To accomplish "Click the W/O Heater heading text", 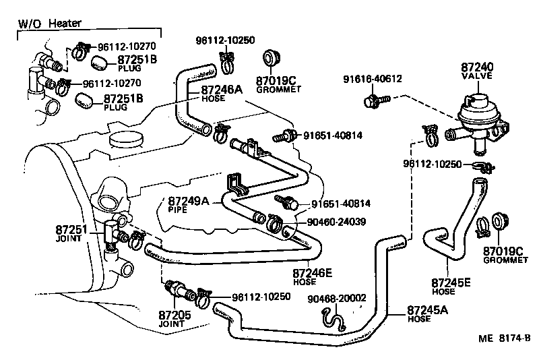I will [49, 24].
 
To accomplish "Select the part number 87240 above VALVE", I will [477, 68].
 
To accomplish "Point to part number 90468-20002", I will [337, 299].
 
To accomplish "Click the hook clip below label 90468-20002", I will [331, 315].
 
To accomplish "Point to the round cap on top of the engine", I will [127, 140].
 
